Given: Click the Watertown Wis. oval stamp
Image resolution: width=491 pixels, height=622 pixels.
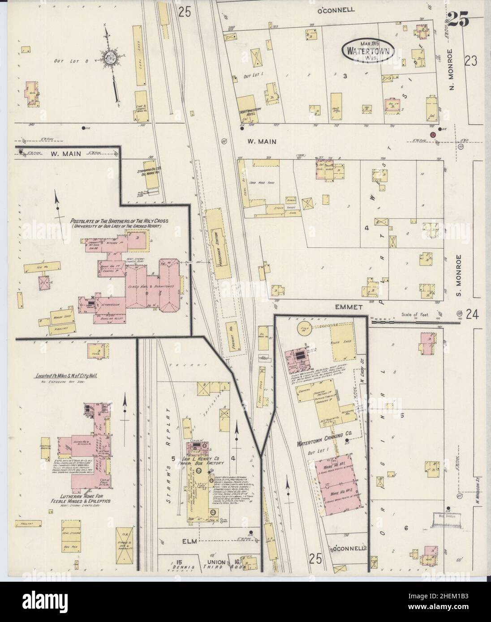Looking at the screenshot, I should point(369,50).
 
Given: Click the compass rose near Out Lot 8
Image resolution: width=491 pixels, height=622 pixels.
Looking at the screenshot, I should point(110,58).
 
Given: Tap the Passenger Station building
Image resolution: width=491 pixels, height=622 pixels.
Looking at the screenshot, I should point(220,245).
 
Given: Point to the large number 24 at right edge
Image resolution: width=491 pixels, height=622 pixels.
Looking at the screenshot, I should point(471,315).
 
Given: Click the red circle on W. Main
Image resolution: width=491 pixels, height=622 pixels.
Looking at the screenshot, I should point(433,134).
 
